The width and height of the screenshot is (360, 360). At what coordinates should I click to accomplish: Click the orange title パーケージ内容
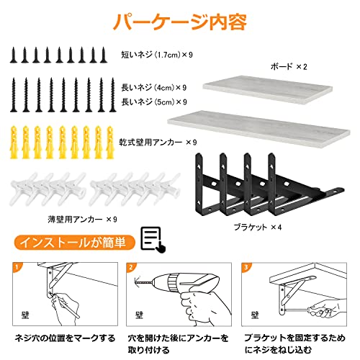click(180, 22)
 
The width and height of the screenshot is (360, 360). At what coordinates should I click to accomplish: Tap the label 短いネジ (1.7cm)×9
click(157, 55)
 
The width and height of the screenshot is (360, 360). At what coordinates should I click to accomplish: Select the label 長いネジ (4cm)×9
click(154, 87)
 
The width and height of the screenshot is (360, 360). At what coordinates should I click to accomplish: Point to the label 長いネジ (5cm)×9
click(154, 102)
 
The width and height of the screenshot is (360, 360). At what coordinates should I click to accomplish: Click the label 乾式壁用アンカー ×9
click(158, 143)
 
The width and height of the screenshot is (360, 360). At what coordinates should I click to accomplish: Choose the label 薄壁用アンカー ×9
click(82, 219)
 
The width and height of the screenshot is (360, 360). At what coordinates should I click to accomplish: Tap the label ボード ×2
click(289, 66)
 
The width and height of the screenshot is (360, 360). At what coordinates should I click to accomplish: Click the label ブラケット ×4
click(258, 227)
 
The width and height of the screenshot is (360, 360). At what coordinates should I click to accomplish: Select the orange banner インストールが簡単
click(74, 242)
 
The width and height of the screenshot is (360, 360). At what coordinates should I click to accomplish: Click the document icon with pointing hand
click(153, 240)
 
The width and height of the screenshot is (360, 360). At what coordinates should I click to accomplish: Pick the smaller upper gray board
click(268, 90)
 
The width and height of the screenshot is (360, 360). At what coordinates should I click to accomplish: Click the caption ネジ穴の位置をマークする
click(65, 338)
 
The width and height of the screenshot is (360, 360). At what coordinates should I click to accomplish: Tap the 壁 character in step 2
click(139, 315)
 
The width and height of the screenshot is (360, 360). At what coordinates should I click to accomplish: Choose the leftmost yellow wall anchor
click(14, 143)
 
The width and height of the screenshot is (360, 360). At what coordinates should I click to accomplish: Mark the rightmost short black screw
click(104, 55)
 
